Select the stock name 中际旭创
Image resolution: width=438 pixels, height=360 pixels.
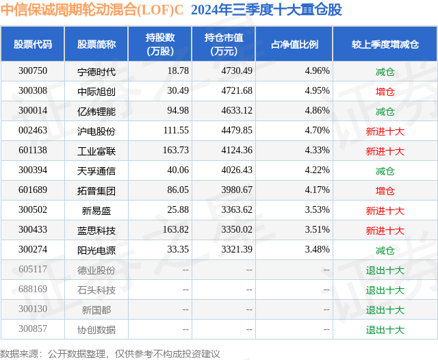click(96, 90)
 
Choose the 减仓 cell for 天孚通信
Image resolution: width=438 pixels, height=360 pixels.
click(385, 170)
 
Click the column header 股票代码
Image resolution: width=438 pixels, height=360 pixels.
click(33, 44)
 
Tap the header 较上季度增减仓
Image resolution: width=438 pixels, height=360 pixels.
click(385, 44)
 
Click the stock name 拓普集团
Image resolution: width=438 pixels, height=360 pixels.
click(96, 190)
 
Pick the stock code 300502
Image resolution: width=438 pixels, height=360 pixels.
click(33, 210)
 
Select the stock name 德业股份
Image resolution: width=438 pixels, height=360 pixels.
click(96, 270)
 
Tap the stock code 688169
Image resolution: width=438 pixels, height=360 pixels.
click(33, 290)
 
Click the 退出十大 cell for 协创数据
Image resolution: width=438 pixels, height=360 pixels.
click(385, 329)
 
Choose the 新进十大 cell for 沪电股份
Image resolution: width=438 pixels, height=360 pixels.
click(385, 130)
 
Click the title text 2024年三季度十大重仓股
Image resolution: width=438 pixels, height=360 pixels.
click(266, 10)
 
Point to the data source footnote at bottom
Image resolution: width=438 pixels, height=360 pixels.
click(109, 353)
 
